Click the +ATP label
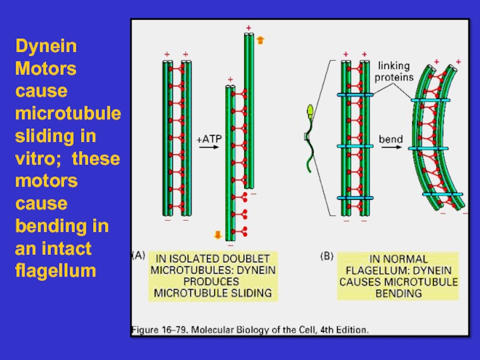pos(209,139)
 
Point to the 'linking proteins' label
pos(395,71)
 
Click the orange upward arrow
pos(259,40)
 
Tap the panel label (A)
pos(138,256)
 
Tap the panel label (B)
pos(326,256)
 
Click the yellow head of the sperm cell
pos(311,110)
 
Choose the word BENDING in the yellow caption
pos(398,293)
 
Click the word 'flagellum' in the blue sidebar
pos(56,271)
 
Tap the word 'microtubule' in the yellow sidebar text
pos(68,113)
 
